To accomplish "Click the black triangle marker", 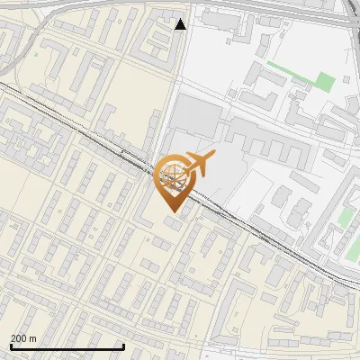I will (x=181, y=24).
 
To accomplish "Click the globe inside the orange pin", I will (x=172, y=174).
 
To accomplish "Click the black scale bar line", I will (x=67, y=347).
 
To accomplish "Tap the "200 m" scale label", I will (x=23, y=338).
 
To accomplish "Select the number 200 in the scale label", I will (x=19, y=338).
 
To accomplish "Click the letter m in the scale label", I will (x=33, y=338).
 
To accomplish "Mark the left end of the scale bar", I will (x=11, y=347).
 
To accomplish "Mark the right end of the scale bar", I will (x=123, y=347).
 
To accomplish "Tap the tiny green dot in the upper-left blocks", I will (x=36, y=54).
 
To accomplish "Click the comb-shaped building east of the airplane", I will (x=261, y=135).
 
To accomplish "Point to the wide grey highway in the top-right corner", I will (x=297, y=11).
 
